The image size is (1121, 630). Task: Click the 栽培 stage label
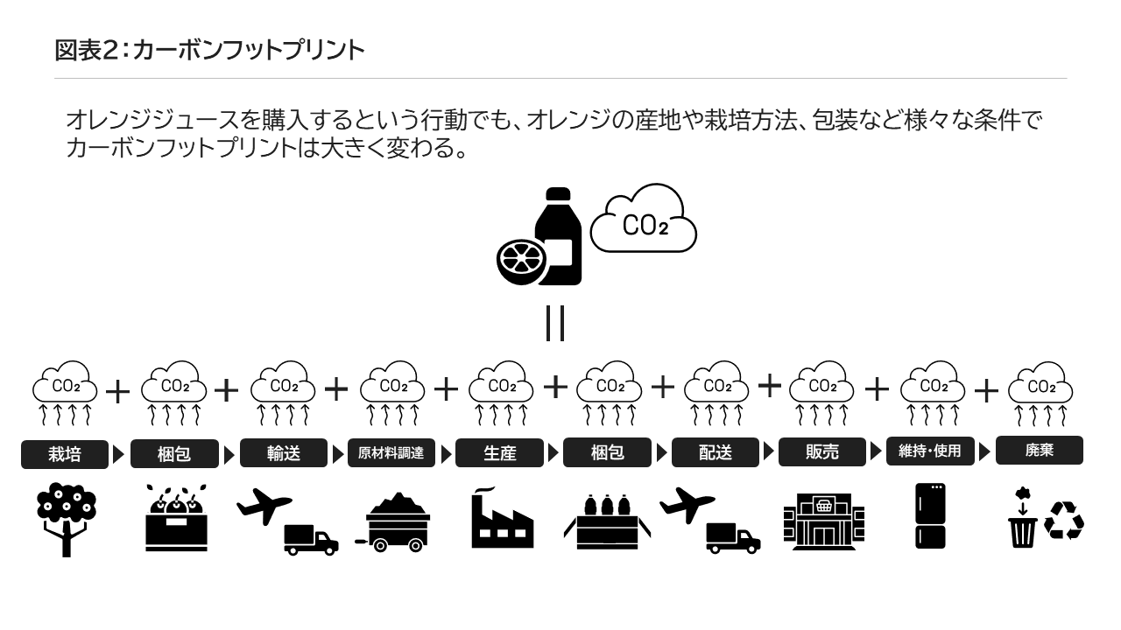[x=65, y=454]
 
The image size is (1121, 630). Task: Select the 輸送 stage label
[x=283, y=453]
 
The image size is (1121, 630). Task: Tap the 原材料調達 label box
[x=391, y=453]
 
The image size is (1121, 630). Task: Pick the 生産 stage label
[x=499, y=453]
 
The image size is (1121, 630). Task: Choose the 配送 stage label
[x=715, y=453]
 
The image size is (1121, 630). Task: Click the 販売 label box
[x=821, y=451]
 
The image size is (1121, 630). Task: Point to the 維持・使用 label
[x=930, y=451]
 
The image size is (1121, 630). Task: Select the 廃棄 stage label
[x=1039, y=451]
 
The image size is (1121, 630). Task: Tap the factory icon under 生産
[x=501, y=520]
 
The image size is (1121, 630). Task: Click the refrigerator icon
[x=930, y=515]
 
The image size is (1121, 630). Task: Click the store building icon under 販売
[x=823, y=521]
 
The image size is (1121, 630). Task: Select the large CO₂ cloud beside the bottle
[x=644, y=221]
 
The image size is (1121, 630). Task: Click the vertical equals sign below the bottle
[x=554, y=323]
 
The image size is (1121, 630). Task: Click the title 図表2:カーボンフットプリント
[x=209, y=51]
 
